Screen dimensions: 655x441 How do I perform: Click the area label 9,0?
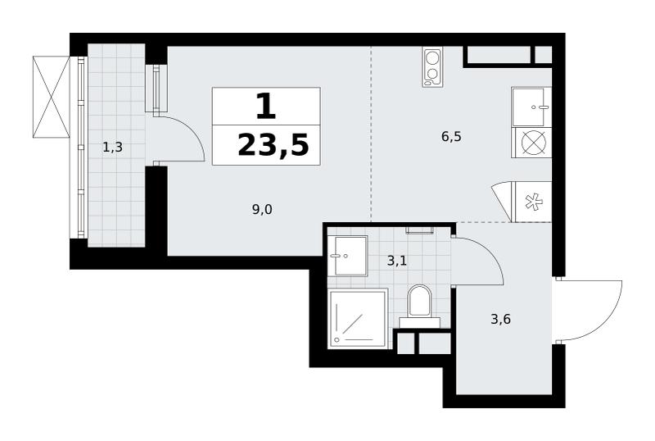(262, 209)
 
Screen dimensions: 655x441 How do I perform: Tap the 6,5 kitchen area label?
(451, 137)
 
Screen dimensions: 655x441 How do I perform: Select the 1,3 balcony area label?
(112, 148)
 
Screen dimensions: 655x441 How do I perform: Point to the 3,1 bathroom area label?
(397, 261)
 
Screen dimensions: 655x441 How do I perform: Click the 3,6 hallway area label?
(500, 320)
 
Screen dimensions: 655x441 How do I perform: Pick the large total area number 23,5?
(273, 145)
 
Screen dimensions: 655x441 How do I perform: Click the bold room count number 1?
(266, 107)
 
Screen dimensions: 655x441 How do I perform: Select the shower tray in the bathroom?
(358, 318)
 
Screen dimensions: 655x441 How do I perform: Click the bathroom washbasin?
(347, 256)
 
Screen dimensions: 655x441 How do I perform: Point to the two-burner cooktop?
(432, 67)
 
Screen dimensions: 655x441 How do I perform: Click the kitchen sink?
(531, 107)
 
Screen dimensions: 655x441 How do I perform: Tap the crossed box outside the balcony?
(51, 97)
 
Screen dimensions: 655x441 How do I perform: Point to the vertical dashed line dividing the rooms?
(371, 134)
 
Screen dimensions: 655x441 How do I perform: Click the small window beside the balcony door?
(156, 88)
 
